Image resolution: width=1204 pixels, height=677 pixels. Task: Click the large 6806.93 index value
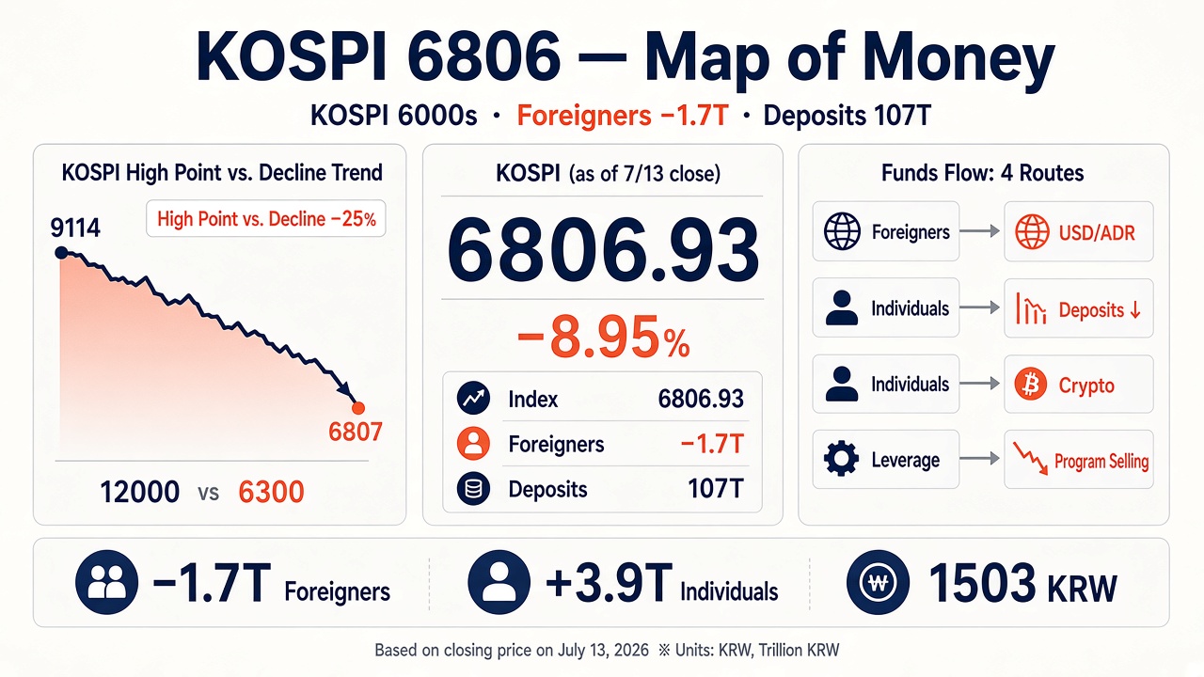click(603, 251)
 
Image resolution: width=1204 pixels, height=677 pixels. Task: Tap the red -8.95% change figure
click(603, 337)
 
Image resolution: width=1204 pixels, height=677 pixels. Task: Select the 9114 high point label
click(75, 228)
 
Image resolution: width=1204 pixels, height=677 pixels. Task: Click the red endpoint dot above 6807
click(358, 408)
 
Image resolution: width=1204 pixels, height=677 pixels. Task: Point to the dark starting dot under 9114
click(61, 253)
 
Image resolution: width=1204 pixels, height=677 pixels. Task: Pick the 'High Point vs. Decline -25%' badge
click(266, 219)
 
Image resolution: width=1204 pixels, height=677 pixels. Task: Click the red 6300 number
click(271, 492)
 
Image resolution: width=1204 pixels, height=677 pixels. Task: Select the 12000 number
click(140, 492)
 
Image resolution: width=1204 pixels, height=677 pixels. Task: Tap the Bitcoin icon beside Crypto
click(1030, 385)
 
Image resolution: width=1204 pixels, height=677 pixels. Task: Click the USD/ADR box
click(1079, 231)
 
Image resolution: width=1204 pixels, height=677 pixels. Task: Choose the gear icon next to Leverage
click(841, 458)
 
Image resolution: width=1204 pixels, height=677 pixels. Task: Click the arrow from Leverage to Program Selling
click(979, 458)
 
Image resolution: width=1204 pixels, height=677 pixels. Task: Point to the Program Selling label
click(1101, 461)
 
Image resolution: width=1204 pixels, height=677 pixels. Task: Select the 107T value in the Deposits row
click(716, 489)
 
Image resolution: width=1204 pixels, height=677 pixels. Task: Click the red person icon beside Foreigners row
click(473, 443)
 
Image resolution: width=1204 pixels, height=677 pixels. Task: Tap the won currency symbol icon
click(878, 582)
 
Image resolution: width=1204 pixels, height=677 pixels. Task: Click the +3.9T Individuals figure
click(661, 584)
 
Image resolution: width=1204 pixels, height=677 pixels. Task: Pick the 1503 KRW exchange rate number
click(1022, 584)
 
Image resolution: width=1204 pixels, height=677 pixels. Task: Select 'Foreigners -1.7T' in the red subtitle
click(623, 116)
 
